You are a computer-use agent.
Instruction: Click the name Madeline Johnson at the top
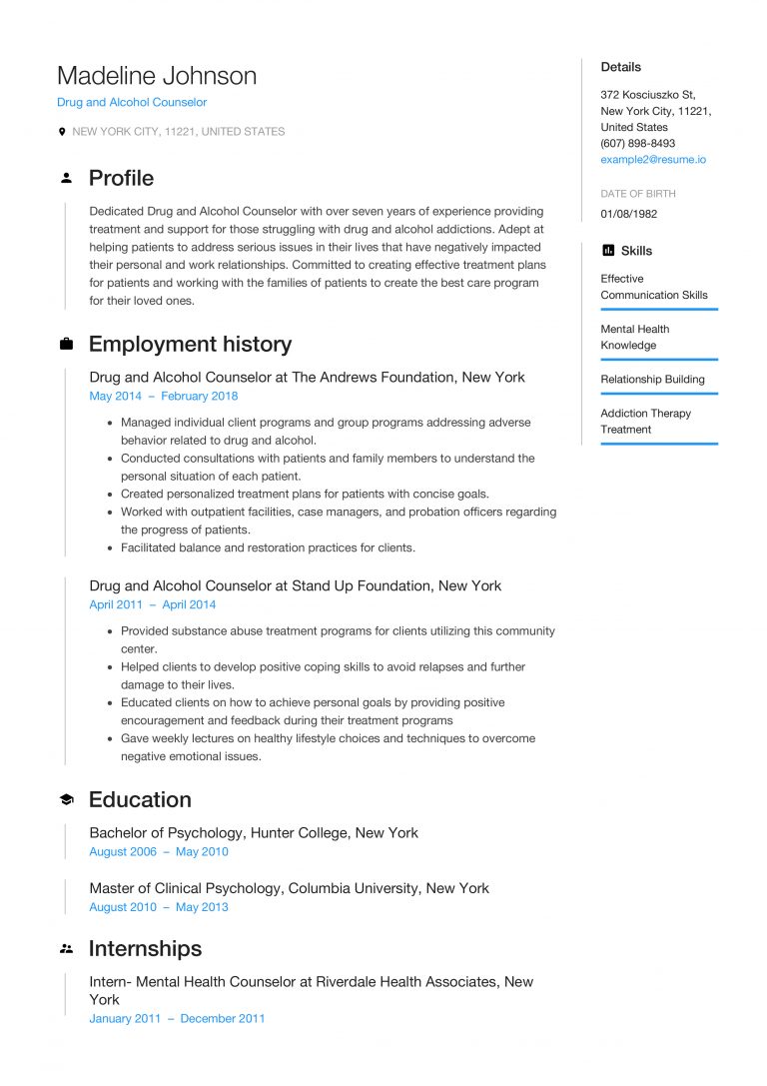pos(157,76)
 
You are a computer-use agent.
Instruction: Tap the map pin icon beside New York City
pos(62,132)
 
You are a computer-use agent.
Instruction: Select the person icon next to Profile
pos(66,178)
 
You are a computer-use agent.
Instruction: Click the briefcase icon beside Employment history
pos(66,345)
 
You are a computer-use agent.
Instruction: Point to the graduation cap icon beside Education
pos(66,800)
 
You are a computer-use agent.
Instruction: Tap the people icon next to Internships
pos(66,949)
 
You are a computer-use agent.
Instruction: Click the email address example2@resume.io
pos(654,160)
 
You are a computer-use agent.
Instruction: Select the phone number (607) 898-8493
pos(637,144)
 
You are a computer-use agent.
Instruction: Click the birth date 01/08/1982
pos(628,214)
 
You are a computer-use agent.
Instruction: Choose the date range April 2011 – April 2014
pos(152,605)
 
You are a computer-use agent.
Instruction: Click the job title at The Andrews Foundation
pos(307,378)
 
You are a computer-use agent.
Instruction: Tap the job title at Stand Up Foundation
pos(295,586)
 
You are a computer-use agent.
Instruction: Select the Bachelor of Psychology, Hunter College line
pos(254,833)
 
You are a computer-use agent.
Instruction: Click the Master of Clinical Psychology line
pos(289,888)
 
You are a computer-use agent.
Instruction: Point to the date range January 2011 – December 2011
pos(177,1019)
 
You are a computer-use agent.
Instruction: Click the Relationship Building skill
pos(652,380)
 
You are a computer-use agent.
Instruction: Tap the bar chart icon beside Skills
pos(607,251)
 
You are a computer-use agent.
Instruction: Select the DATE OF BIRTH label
pos(637,194)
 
